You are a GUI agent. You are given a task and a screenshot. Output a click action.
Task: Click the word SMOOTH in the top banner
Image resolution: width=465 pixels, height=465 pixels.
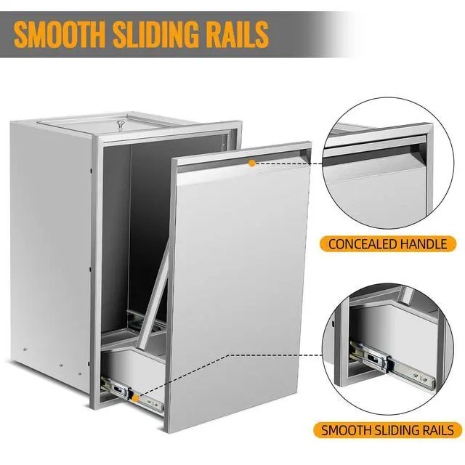tap(59, 33)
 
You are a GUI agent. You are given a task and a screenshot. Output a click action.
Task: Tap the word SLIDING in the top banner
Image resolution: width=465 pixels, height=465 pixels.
tap(154, 33)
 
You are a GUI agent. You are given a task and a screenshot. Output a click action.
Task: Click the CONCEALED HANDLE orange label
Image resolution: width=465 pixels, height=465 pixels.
tap(388, 244)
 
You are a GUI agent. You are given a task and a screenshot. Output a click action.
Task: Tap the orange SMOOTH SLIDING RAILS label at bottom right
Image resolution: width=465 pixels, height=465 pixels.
tap(387, 430)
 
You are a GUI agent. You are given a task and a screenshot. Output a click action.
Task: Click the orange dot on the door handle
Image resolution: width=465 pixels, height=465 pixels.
tap(252, 163)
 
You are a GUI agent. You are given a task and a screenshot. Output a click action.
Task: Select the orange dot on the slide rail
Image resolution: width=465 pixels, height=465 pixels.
tap(136, 399)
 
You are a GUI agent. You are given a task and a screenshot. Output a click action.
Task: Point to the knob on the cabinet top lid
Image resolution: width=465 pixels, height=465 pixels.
tap(121, 124)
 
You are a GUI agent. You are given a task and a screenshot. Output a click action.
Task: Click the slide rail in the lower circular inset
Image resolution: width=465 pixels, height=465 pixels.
tap(392, 365)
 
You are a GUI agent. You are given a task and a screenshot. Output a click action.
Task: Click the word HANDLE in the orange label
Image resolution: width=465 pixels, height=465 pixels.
tap(424, 244)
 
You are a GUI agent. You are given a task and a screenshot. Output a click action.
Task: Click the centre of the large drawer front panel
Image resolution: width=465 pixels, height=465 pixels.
tap(240, 285)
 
